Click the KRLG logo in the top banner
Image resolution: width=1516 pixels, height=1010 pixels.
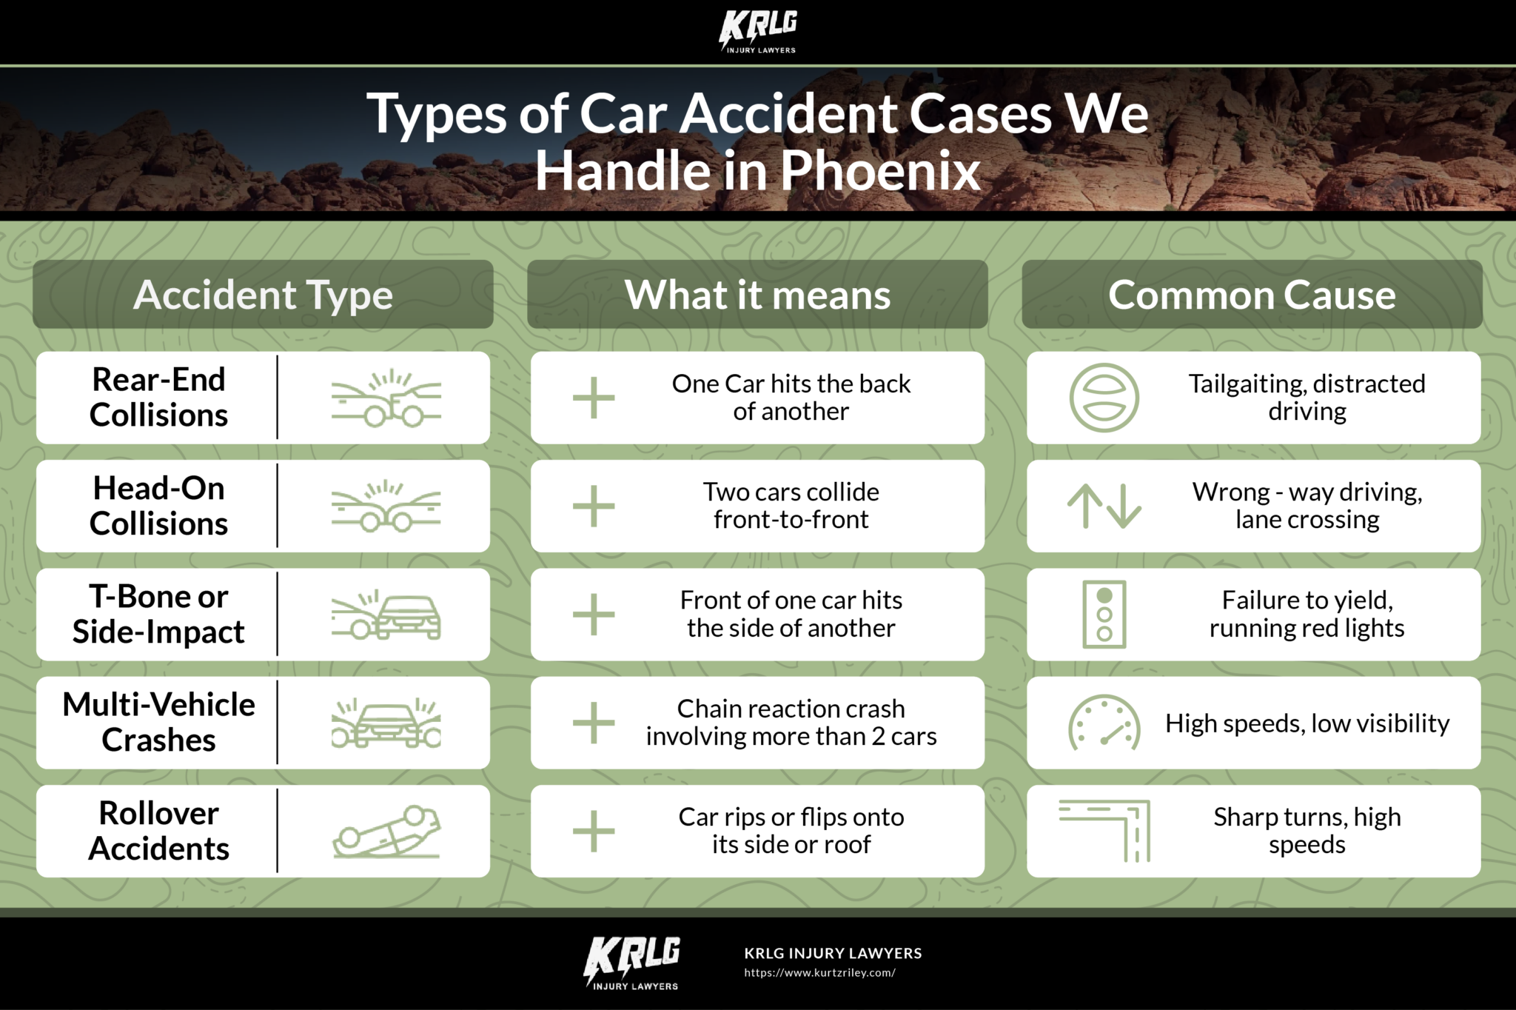pos(758,32)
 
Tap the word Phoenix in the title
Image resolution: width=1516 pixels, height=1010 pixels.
pos(880,170)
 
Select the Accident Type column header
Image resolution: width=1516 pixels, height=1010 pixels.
pos(263,295)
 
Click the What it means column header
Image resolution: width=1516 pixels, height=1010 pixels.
pos(757,295)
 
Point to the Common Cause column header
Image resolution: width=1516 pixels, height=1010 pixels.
pos(1252,295)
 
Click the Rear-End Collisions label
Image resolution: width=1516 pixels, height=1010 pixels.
pos(158,397)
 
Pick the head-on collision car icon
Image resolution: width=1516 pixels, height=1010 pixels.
pos(386,506)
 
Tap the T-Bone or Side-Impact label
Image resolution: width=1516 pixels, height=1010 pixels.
pos(158,614)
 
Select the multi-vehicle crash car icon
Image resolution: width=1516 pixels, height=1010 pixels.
pos(386,723)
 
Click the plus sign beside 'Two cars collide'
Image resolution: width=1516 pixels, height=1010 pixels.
pos(594,506)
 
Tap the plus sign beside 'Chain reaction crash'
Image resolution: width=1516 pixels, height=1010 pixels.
pos(594,723)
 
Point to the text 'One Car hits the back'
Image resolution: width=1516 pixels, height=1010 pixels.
pos(791,384)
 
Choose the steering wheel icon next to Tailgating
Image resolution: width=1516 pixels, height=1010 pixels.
pos(1104,398)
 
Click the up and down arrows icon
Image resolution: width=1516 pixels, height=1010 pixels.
pos(1104,506)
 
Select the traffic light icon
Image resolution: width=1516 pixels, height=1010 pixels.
pos(1104,615)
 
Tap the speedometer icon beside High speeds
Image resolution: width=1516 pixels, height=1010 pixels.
pos(1104,723)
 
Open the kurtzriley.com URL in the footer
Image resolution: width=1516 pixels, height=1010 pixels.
pos(819,973)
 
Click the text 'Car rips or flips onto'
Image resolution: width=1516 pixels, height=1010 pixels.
pos(791,817)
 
